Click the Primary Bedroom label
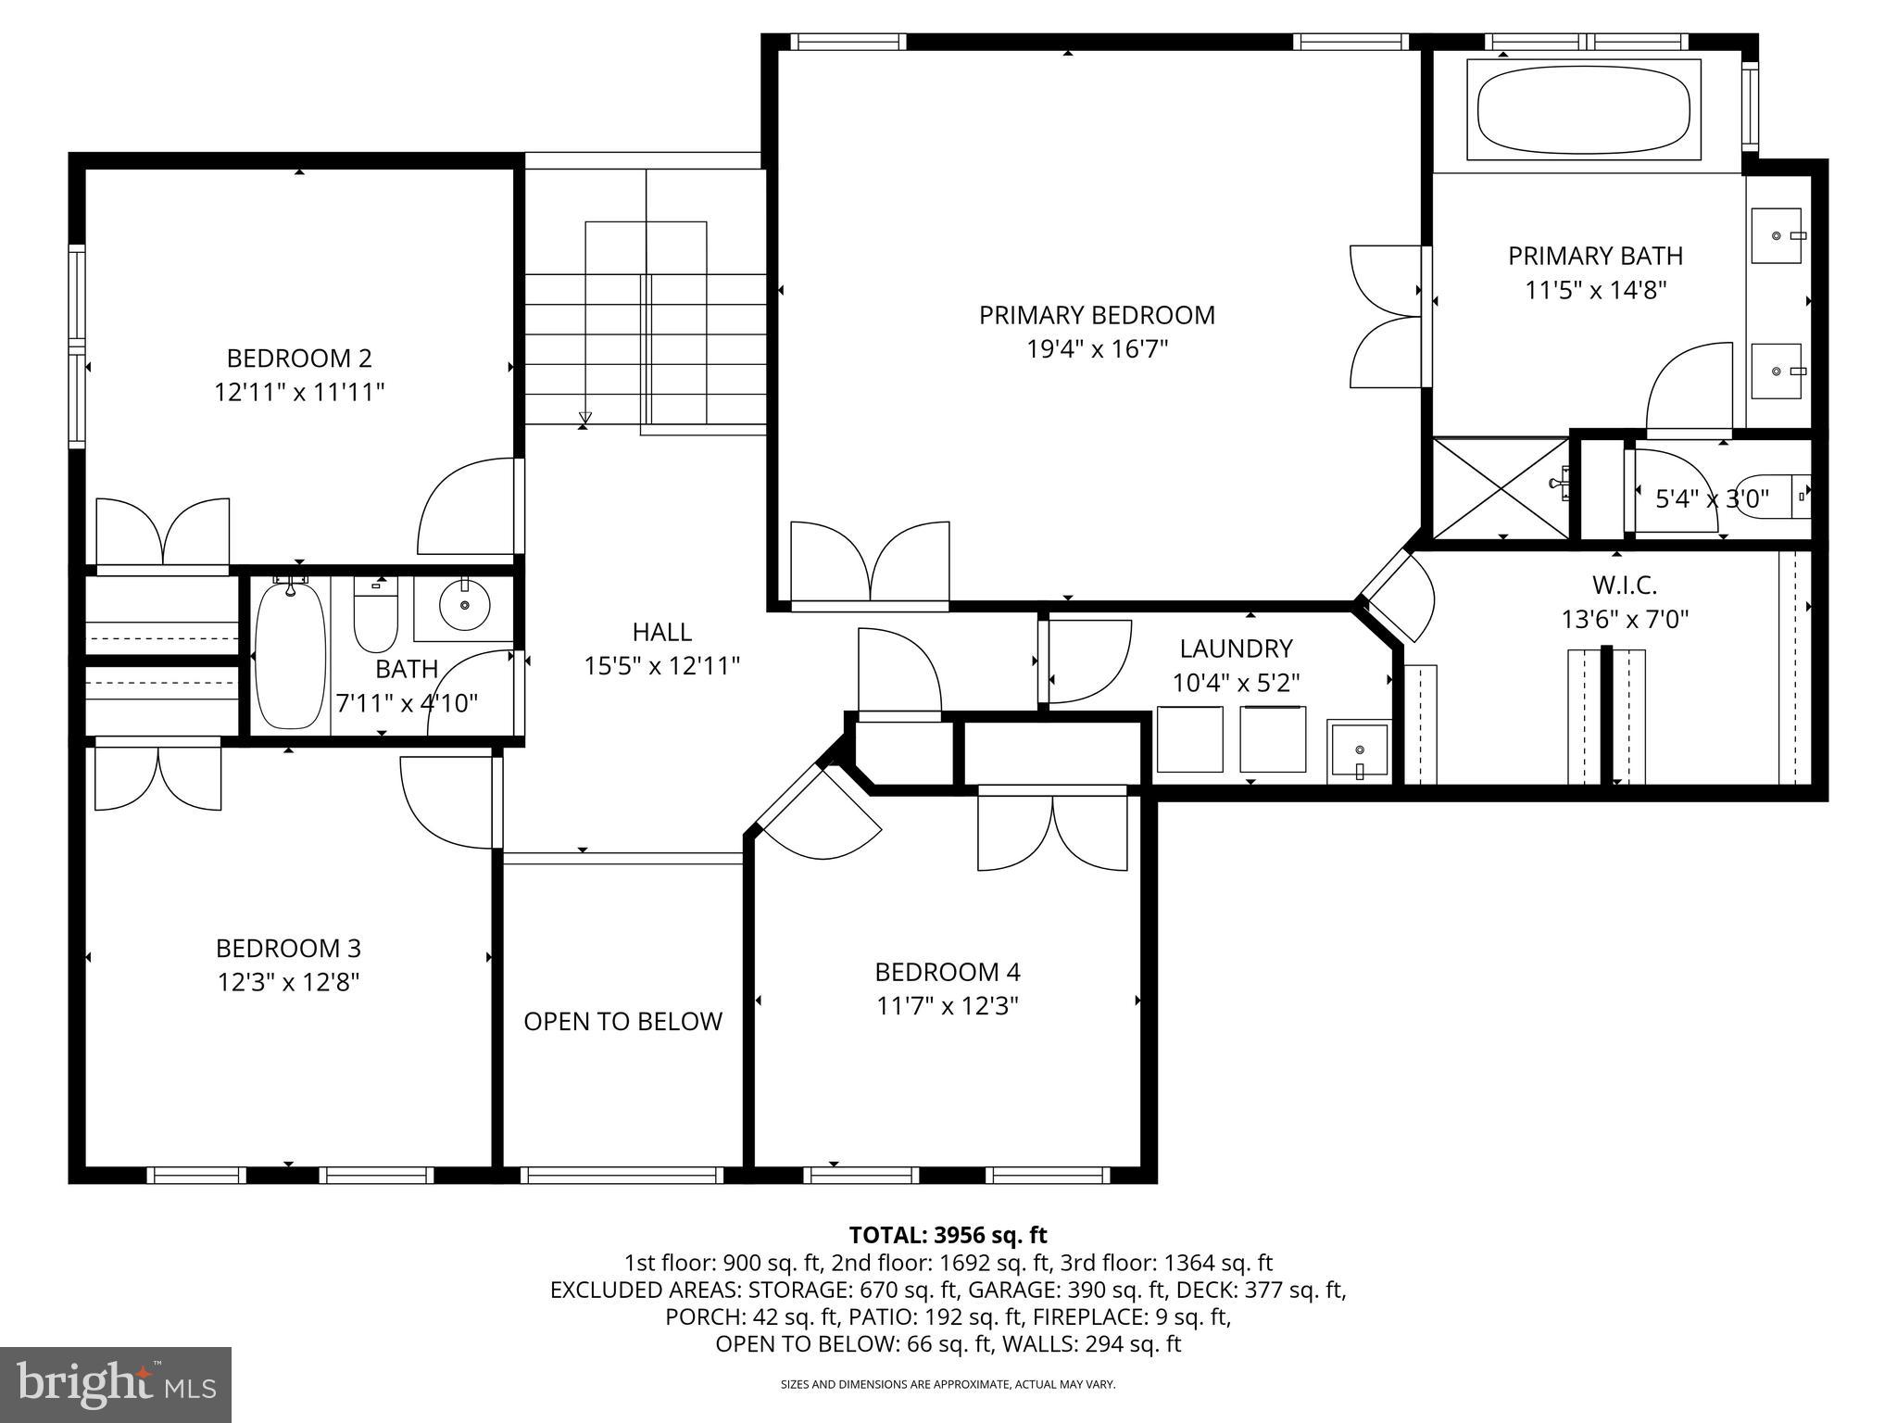point(1097,315)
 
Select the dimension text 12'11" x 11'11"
point(299,393)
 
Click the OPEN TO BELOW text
point(622,1021)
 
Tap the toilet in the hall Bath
point(375,616)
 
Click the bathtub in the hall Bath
point(290,655)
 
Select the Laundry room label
point(1236,649)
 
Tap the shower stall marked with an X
point(1501,488)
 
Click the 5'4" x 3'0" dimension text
point(1712,499)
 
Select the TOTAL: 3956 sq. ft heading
point(948,1235)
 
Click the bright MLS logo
point(116,1384)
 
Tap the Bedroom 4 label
point(948,972)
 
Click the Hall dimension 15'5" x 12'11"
point(661,666)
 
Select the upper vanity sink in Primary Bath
point(1777,236)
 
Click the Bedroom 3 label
point(288,948)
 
